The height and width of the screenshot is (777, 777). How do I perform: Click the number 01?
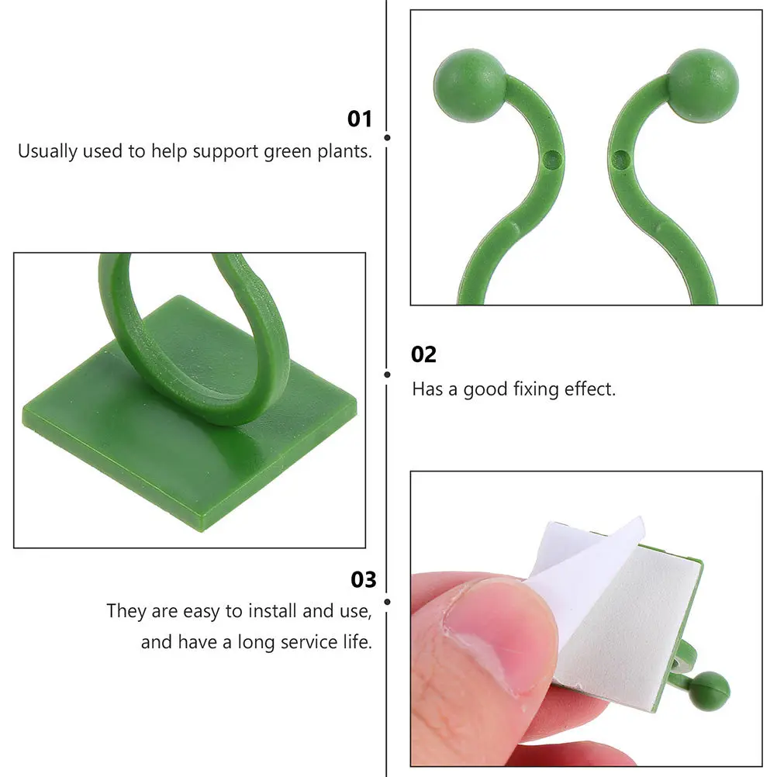point(359,119)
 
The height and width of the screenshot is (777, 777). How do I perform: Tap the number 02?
point(424,354)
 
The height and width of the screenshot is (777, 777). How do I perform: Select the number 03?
point(363,579)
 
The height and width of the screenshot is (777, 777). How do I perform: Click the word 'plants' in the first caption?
point(345,151)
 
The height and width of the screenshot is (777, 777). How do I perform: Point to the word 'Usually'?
point(47,151)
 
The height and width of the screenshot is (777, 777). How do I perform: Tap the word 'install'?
point(273,611)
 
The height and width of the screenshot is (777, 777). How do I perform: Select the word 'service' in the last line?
point(305,642)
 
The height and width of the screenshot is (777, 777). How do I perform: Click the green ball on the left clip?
point(469,85)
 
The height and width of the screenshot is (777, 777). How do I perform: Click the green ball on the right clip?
point(703,85)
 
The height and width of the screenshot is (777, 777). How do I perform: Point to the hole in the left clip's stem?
point(551,159)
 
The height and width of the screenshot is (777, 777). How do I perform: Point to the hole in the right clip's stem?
point(619,160)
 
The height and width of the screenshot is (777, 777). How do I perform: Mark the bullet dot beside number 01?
point(387,137)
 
